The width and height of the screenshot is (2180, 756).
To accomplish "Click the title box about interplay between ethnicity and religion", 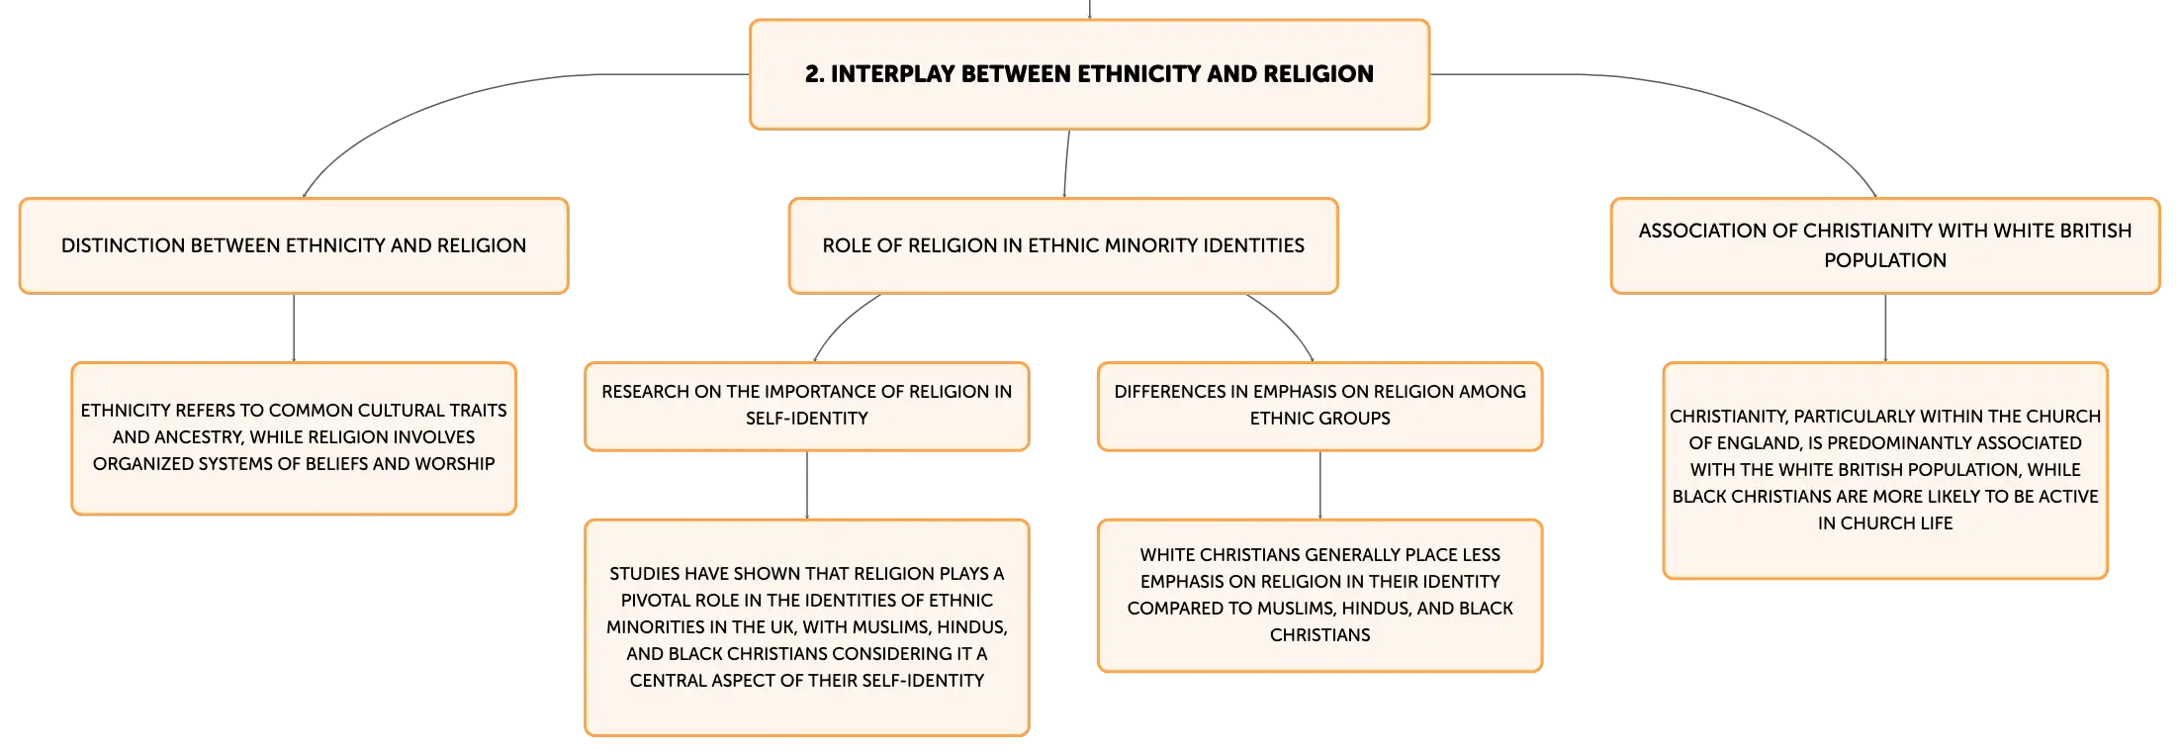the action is [1089, 74].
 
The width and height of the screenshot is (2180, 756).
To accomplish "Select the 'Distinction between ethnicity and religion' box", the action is [294, 245].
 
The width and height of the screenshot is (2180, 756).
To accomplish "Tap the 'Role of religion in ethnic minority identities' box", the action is [1063, 245].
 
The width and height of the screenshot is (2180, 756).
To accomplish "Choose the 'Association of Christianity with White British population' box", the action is [1885, 245].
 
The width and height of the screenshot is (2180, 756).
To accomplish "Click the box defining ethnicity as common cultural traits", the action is [294, 438].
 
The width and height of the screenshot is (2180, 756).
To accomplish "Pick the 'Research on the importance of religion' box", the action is [807, 406].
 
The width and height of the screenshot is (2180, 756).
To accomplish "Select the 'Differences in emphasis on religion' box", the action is [1320, 406].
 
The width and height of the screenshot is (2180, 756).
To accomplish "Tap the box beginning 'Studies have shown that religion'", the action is [807, 627].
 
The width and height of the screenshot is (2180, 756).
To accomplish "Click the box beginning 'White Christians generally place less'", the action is [1320, 595].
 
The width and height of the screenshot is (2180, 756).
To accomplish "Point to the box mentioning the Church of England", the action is [1885, 470].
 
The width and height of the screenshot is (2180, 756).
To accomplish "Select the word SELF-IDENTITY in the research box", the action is [807, 419].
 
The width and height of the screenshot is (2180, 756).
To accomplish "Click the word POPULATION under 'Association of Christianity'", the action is [1885, 260].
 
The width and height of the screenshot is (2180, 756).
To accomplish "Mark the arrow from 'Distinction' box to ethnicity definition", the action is [294, 329].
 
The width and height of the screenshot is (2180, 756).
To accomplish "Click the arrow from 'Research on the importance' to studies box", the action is [807, 486].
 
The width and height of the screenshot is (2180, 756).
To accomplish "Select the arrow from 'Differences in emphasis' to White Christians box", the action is [1320, 486].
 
